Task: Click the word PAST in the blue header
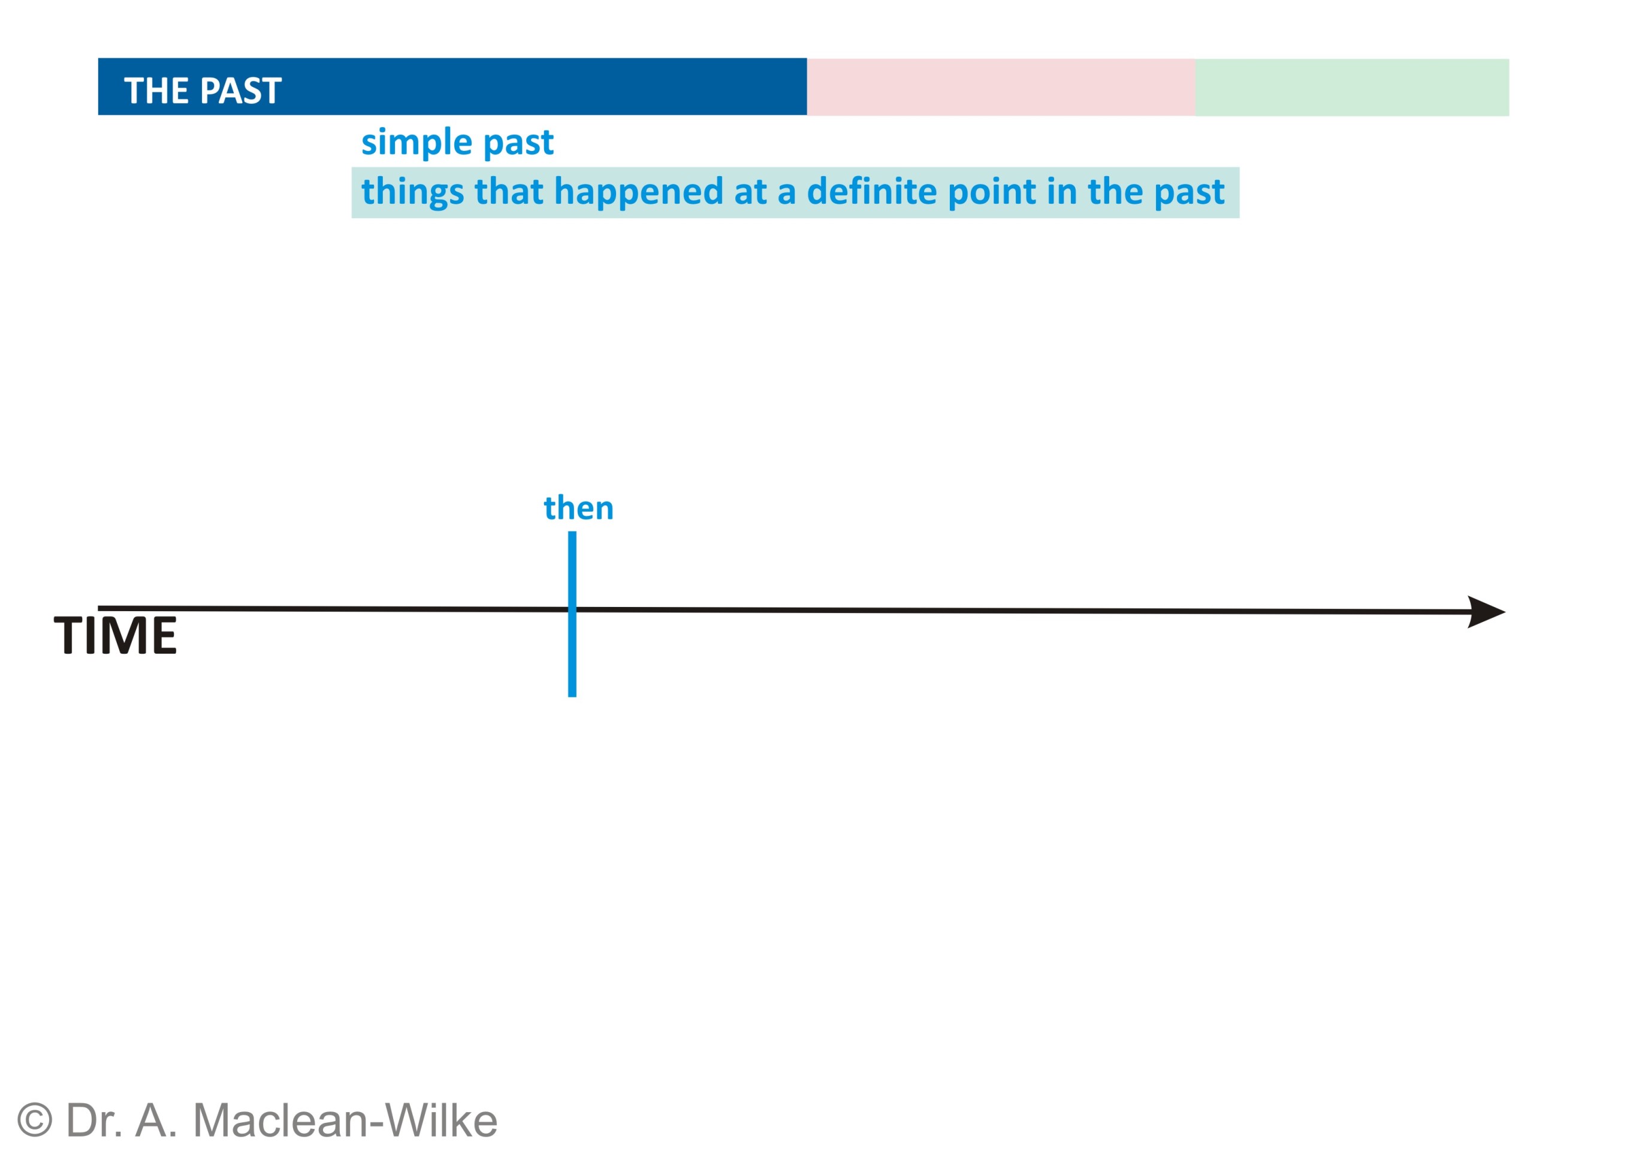click(x=241, y=91)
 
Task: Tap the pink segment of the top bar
click(x=1001, y=87)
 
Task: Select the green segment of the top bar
click(x=1351, y=87)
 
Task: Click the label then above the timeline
click(x=579, y=508)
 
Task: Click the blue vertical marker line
click(x=572, y=614)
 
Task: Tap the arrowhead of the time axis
click(x=1486, y=612)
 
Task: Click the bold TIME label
click(x=115, y=635)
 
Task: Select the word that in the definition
click(x=509, y=191)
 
